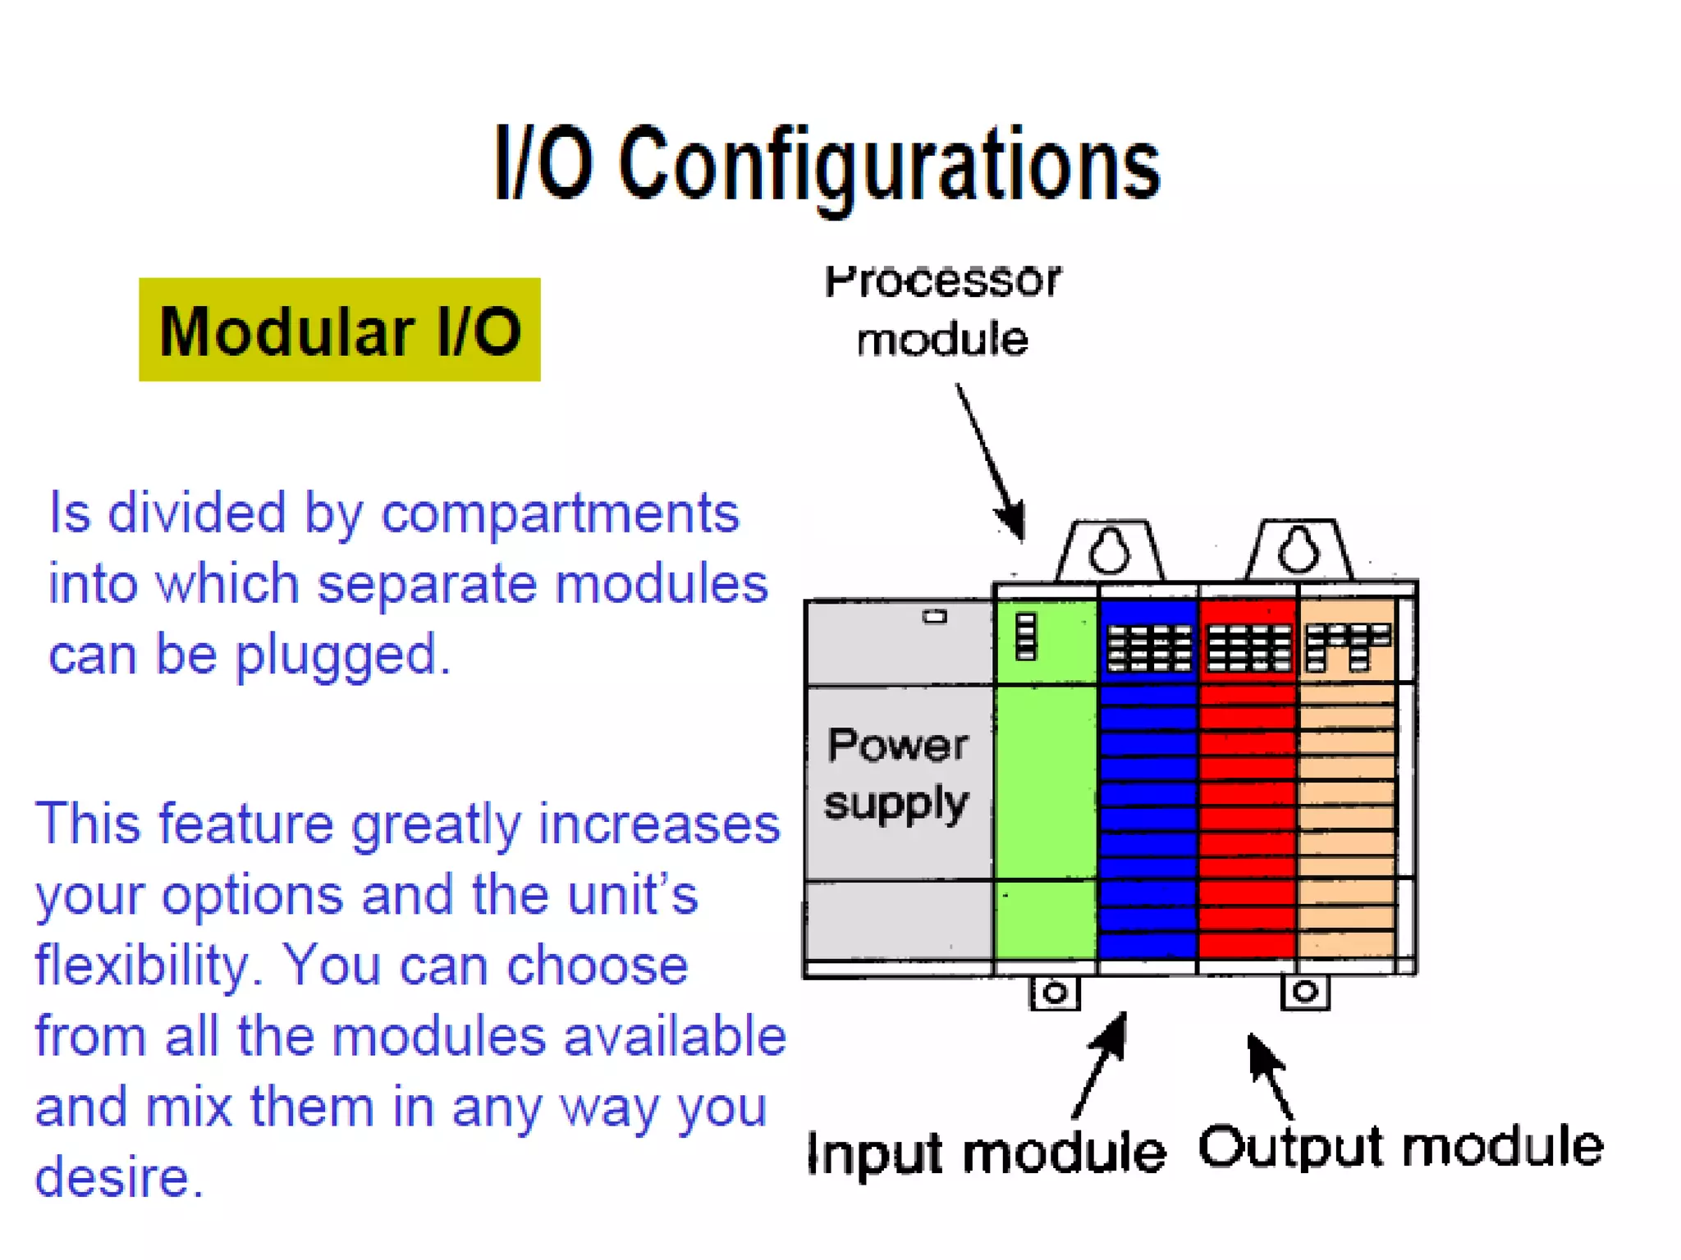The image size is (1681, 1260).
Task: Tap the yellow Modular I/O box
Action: tap(339, 330)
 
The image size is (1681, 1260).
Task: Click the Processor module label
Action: tap(942, 310)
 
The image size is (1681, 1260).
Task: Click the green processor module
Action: tap(1045, 779)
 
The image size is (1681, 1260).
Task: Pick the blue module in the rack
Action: tap(1147, 779)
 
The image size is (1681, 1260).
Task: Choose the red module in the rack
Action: tap(1248, 779)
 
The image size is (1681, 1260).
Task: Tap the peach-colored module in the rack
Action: tap(1347, 779)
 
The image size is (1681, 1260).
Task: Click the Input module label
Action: tap(986, 1153)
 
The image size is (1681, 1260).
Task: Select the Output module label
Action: tap(1400, 1146)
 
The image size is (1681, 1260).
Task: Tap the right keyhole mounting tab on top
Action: tap(1298, 550)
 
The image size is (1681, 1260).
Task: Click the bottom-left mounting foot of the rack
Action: tap(1055, 993)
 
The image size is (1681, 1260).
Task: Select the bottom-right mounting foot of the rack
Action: tap(1305, 992)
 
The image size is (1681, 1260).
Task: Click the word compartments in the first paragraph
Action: tap(560, 514)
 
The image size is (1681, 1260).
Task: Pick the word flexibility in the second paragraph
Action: tap(140, 966)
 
